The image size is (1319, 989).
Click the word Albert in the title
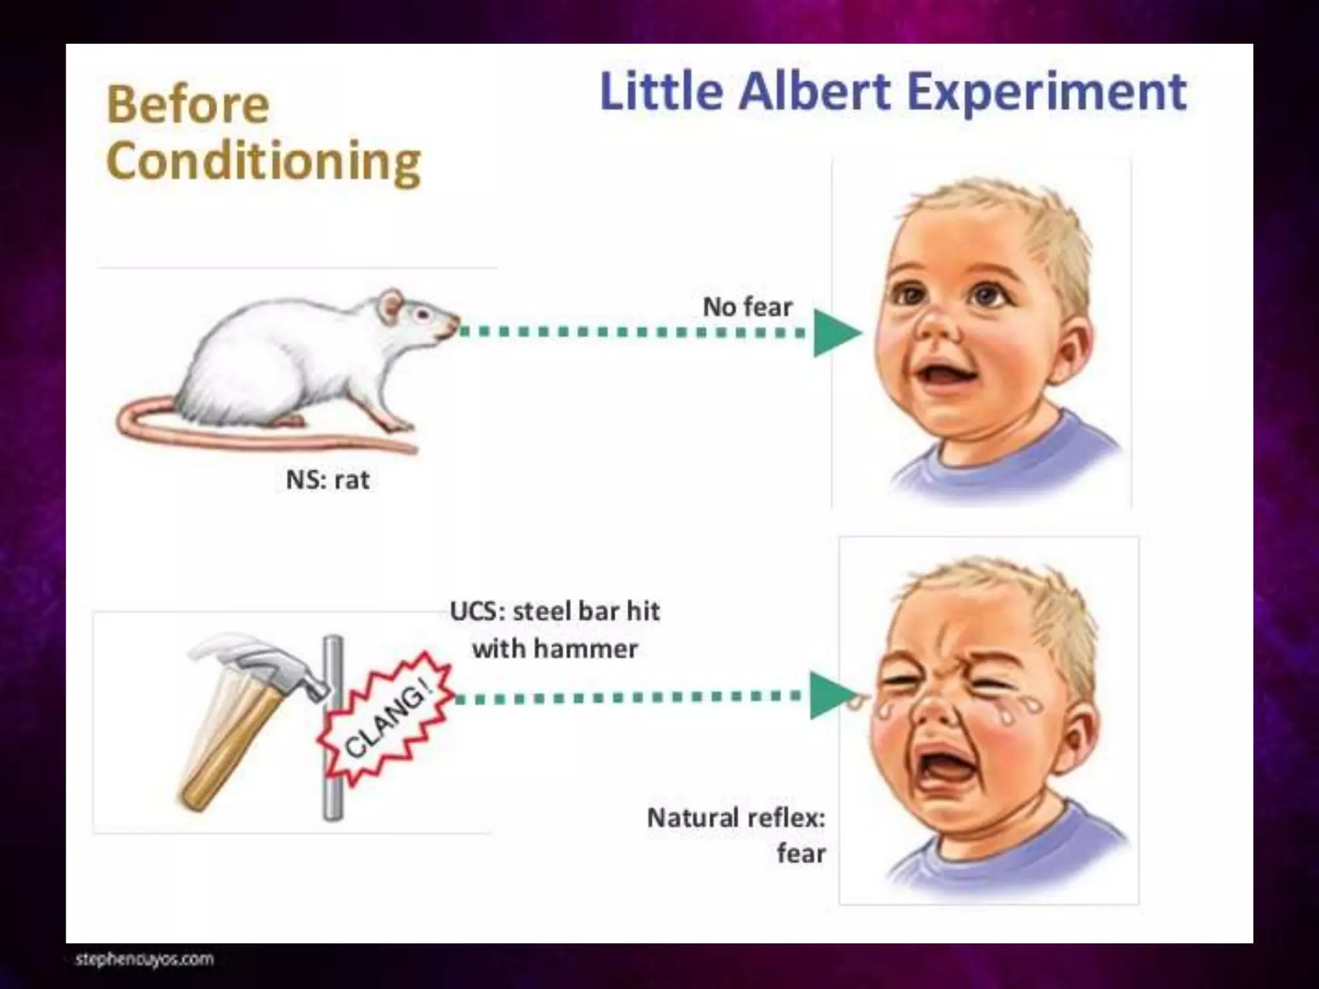coord(815,93)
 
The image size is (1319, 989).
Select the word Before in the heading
coord(187,105)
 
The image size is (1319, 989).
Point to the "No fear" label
coord(747,307)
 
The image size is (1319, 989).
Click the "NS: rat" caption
coord(327,480)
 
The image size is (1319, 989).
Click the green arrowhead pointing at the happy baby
coord(835,333)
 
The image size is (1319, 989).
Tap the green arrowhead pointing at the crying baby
coord(831,695)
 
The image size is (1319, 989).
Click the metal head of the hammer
coord(264,663)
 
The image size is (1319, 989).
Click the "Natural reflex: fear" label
coord(737,835)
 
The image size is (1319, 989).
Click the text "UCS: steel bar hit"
coord(555,611)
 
